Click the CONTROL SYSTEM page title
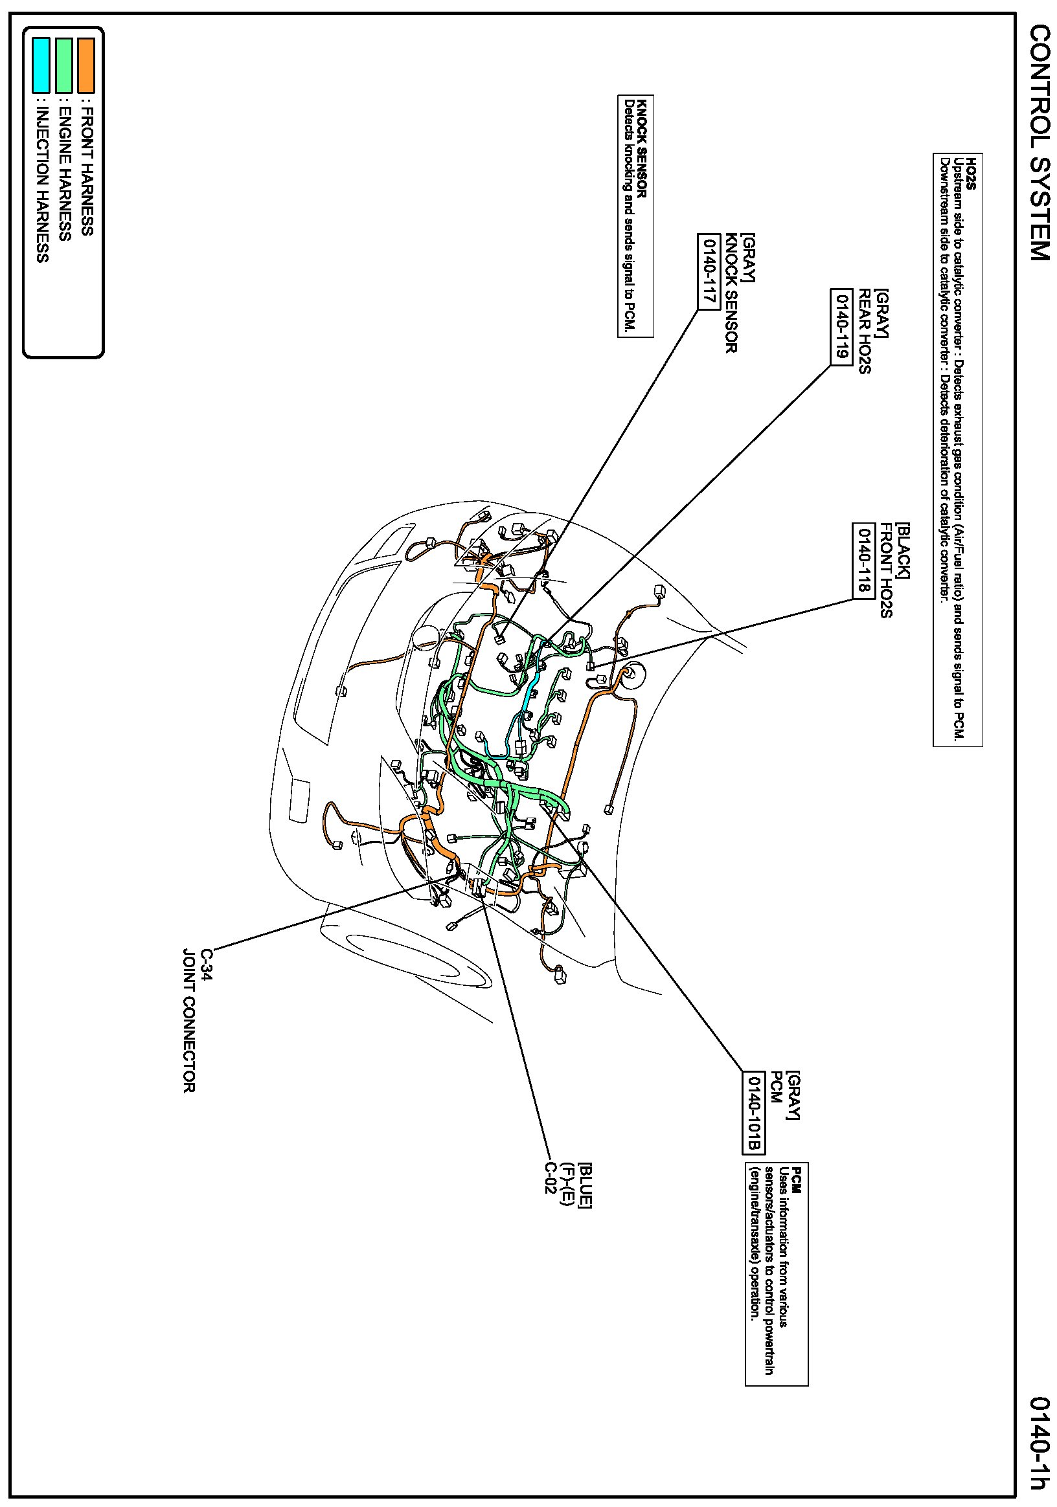(x=1040, y=142)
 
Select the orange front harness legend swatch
(x=86, y=65)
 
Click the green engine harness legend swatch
(x=63, y=65)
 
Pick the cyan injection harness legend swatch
(x=41, y=65)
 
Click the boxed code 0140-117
(x=707, y=270)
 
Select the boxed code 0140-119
(x=841, y=326)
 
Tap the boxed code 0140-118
(x=863, y=560)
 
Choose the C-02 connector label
(x=550, y=1178)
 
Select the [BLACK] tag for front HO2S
(x=904, y=551)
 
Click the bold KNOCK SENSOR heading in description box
(x=642, y=148)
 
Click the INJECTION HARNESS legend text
(x=42, y=184)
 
